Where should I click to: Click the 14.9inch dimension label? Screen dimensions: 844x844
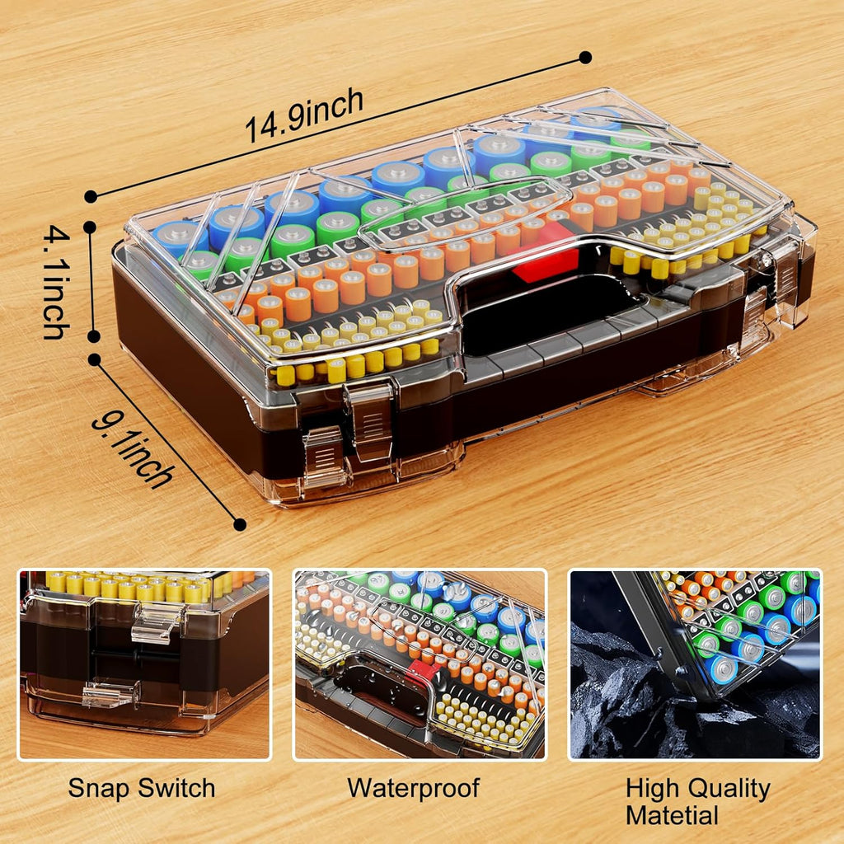click(x=304, y=115)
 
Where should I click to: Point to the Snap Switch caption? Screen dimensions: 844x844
click(x=141, y=788)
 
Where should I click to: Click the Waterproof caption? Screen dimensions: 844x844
click(x=413, y=788)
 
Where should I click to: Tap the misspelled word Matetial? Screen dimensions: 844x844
click(x=672, y=816)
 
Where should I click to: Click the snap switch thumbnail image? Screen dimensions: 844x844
click(x=144, y=663)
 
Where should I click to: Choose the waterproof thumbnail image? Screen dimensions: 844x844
click(x=420, y=663)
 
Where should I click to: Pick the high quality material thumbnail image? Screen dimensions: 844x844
click(x=694, y=663)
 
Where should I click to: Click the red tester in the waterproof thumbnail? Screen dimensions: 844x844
click(x=423, y=671)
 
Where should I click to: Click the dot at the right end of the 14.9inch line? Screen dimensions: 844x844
click(x=585, y=58)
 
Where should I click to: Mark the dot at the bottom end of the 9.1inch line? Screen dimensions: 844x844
click(x=240, y=524)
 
